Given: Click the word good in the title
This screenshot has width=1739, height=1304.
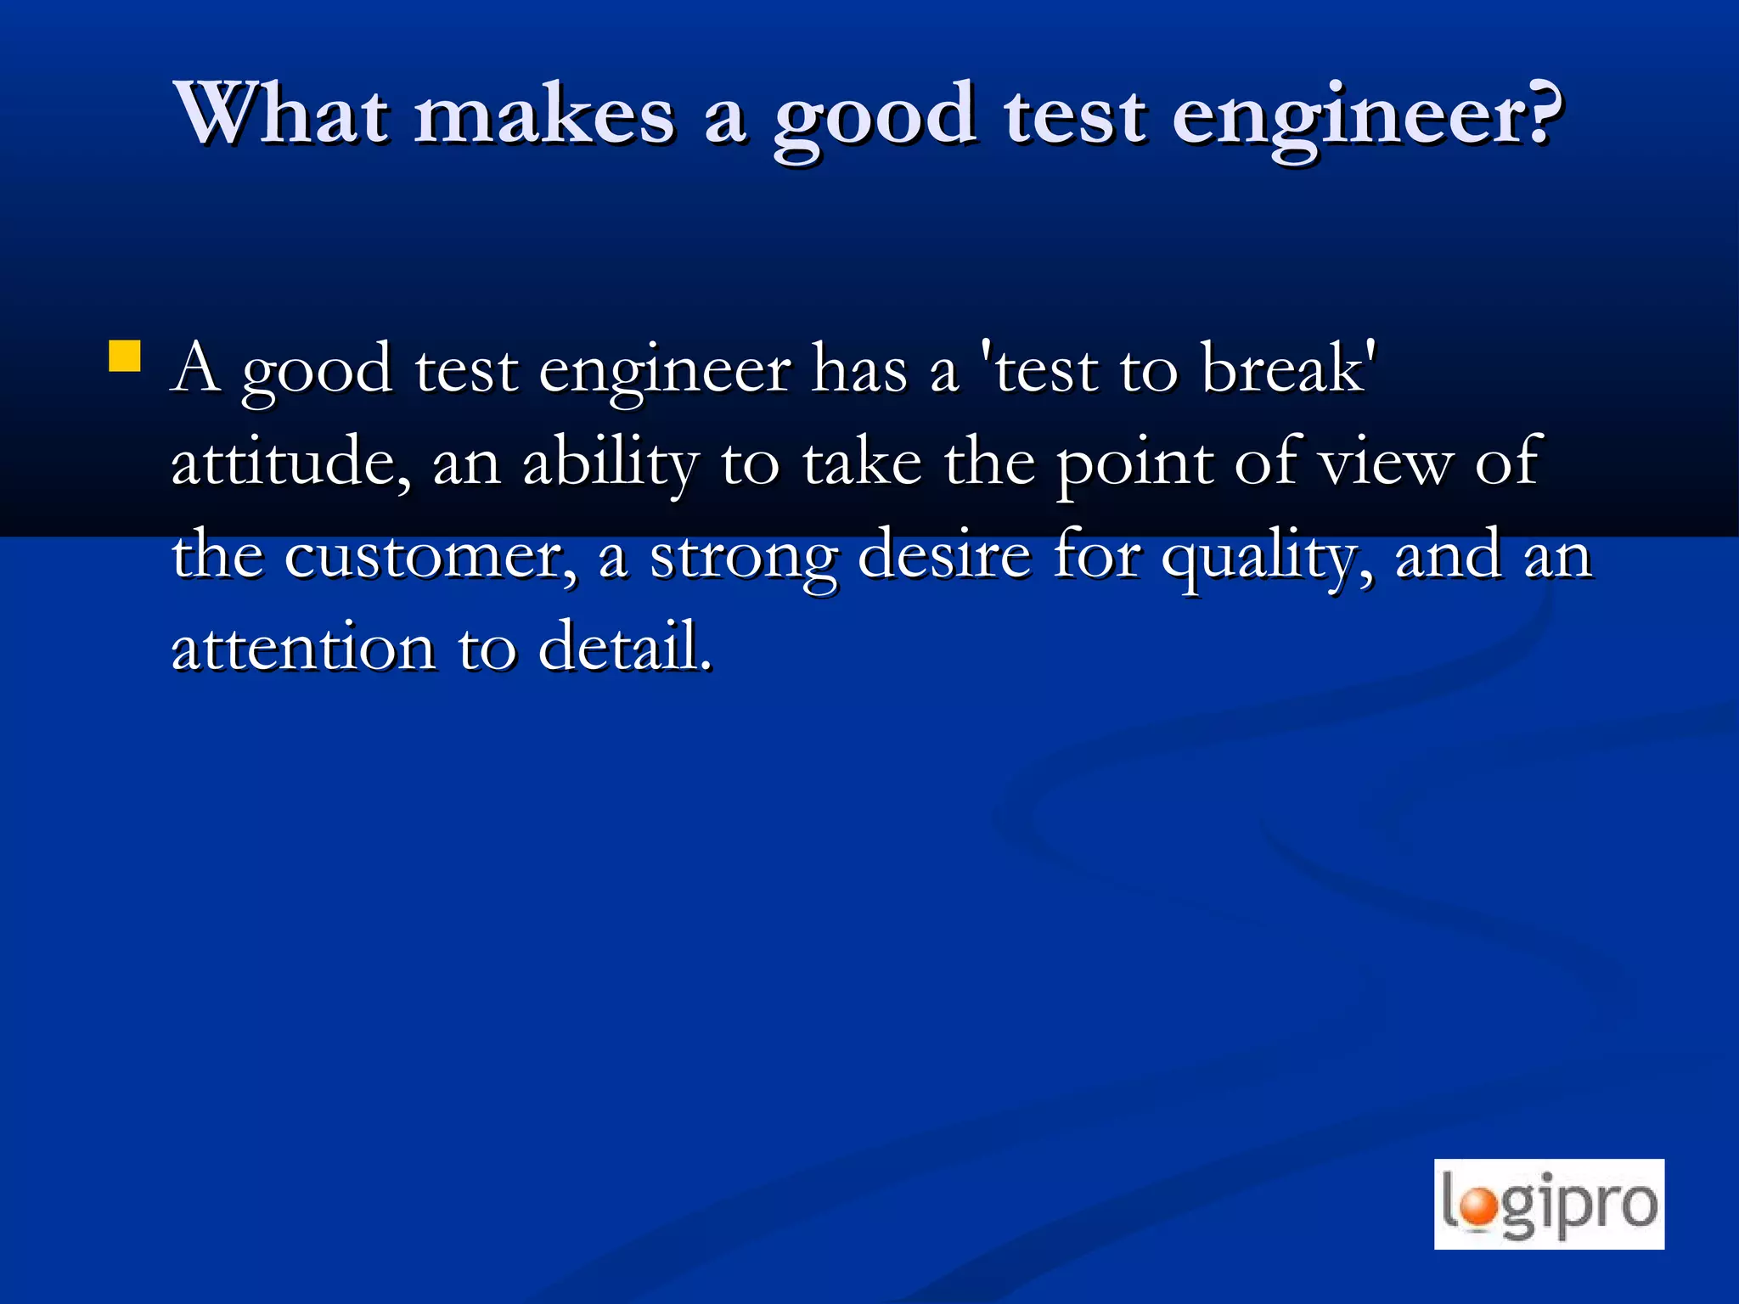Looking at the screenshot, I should pos(875,119).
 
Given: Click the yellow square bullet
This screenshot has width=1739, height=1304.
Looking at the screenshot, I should pos(125,357).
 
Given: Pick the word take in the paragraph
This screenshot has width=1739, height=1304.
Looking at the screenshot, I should pos(862,463).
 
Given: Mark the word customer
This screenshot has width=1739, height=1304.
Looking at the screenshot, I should pos(430,557).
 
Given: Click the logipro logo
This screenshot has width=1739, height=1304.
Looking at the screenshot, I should pos(1549,1204).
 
